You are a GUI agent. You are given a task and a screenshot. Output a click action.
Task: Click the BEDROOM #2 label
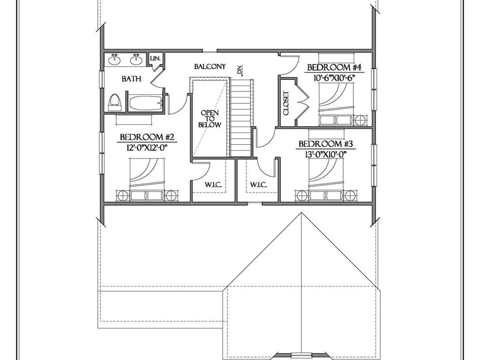point(147,137)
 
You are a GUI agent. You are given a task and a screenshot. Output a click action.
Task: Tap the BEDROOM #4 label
point(334,67)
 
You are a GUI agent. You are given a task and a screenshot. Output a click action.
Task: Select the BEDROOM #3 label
point(326,144)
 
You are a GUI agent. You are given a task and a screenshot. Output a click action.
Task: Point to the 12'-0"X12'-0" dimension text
point(147,147)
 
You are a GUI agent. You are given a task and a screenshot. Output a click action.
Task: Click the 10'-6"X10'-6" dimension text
point(334,78)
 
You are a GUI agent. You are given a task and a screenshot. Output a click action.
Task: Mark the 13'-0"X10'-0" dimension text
point(326,154)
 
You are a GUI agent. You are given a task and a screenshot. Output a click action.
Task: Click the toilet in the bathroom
point(115,102)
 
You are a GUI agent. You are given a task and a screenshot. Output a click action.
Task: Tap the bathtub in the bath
point(145,103)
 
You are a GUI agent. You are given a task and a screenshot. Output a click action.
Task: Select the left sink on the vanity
point(115,60)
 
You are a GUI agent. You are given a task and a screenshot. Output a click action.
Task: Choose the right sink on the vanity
point(136,60)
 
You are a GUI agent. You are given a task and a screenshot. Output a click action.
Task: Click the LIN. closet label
point(156,58)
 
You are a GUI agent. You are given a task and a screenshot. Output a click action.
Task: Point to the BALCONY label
point(210,66)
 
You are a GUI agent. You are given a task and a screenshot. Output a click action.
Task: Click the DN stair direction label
point(240,70)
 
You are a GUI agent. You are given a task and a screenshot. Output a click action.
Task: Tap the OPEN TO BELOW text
point(210,119)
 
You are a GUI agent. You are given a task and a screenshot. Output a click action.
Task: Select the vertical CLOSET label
point(286,103)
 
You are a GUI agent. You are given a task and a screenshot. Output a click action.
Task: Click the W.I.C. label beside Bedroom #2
point(213,185)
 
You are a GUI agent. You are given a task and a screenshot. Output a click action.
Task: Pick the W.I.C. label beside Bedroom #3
point(258,185)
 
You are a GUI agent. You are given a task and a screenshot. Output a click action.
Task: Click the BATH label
point(132,79)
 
